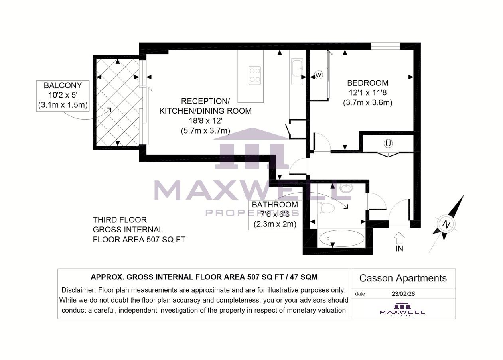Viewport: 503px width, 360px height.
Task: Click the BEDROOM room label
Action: click(367, 83)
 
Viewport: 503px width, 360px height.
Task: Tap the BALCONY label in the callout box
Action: click(63, 85)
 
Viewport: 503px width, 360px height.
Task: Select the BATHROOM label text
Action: click(275, 205)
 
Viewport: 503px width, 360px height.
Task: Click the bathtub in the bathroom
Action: click(341, 239)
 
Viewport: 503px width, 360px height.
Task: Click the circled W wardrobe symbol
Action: click(318, 75)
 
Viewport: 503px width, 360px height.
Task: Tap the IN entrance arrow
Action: click(399, 238)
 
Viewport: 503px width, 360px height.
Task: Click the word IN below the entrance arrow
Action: click(399, 249)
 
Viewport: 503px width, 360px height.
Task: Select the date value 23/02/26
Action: click(403, 294)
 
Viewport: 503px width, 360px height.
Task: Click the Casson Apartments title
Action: click(403, 278)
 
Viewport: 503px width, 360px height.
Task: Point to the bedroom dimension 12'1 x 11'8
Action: click(367, 93)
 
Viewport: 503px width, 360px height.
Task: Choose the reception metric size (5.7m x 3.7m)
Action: click(205, 130)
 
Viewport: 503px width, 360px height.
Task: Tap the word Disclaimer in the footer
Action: click(78, 290)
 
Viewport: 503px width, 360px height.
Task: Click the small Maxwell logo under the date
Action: click(402, 309)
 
